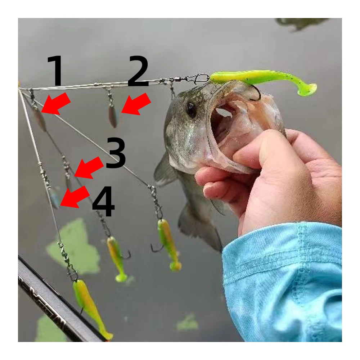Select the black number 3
[116, 152]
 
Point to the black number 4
[103, 201]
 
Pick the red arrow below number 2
[136, 104]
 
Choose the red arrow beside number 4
[75, 197]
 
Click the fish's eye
[191, 109]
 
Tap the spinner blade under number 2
[113, 117]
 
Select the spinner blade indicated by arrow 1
[40, 120]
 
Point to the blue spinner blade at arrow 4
[55, 198]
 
